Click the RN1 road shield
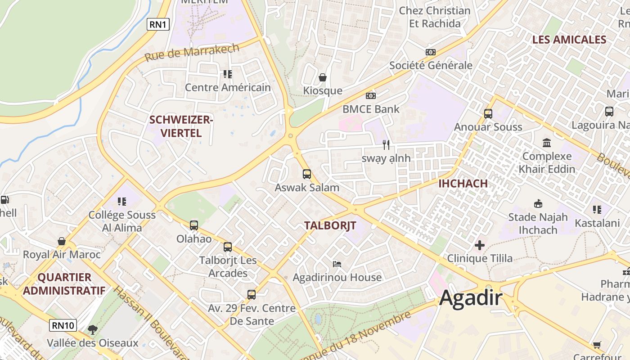pyautogui.click(x=158, y=24)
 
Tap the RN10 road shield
pyautogui.click(x=63, y=325)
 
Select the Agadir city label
pyautogui.click(x=471, y=297)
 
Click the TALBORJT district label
pyautogui.click(x=330, y=225)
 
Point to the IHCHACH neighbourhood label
pyautogui.click(x=463, y=183)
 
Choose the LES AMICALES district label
pyautogui.click(x=569, y=40)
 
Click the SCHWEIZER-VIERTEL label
pyautogui.click(x=181, y=126)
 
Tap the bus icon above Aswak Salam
pyautogui.click(x=307, y=174)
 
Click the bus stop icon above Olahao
pyautogui.click(x=194, y=225)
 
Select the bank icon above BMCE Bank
pyautogui.click(x=371, y=95)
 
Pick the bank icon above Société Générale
pyautogui.click(x=431, y=52)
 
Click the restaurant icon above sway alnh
pyautogui.click(x=386, y=144)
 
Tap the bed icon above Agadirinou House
pyautogui.click(x=337, y=264)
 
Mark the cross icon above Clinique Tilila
pyautogui.click(x=480, y=245)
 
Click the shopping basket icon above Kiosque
pyautogui.click(x=323, y=77)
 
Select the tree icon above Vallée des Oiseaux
pyautogui.click(x=93, y=329)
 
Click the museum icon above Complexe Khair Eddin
pyautogui.click(x=547, y=143)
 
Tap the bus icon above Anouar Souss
pyautogui.click(x=488, y=113)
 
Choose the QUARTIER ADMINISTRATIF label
pyautogui.click(x=64, y=283)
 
